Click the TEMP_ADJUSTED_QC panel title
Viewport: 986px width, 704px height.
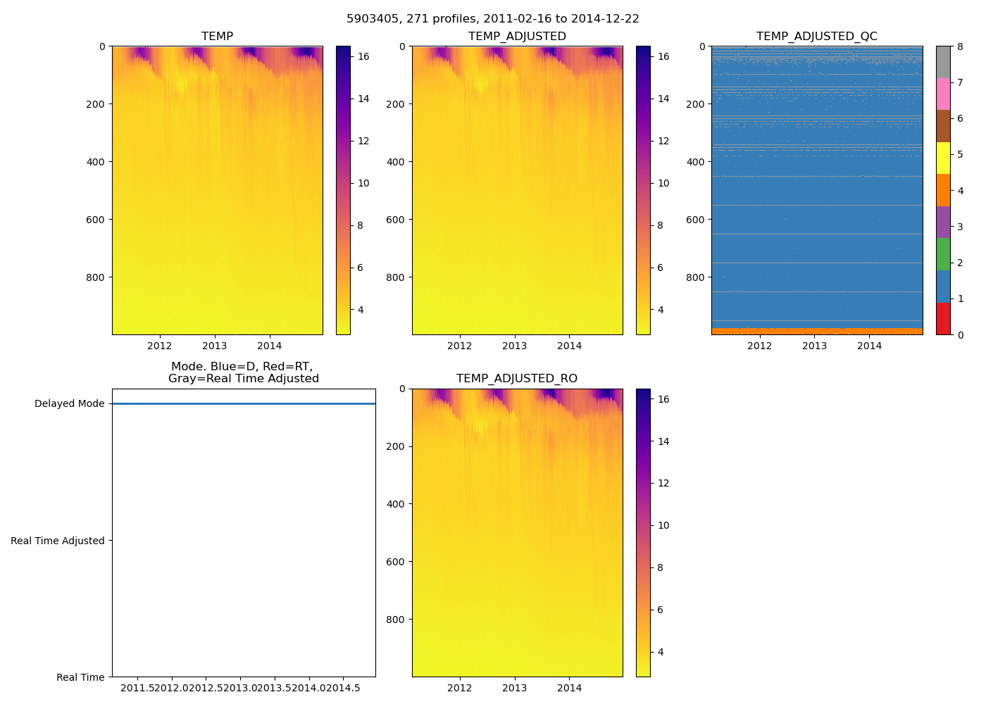click(816, 37)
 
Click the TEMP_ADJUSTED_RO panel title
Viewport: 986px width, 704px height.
click(516, 379)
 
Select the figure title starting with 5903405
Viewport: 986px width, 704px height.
click(492, 19)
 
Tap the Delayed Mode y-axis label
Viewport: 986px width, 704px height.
click(69, 404)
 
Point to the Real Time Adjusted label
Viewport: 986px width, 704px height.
click(57, 541)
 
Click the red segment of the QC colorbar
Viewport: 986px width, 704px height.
click(943, 319)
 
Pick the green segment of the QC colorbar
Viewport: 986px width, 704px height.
click(943, 254)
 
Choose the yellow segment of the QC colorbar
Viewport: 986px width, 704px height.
click(943, 158)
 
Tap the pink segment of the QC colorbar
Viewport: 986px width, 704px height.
click(943, 94)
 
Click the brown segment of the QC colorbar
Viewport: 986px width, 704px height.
click(943, 126)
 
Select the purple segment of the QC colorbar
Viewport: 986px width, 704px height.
click(943, 222)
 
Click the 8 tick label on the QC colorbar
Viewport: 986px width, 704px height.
click(961, 47)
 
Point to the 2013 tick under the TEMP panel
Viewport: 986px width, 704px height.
click(214, 346)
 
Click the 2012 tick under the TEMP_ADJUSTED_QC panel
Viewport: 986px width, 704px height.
click(759, 346)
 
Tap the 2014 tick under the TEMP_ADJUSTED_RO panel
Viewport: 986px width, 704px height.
click(569, 688)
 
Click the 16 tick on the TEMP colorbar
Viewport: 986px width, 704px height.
click(363, 56)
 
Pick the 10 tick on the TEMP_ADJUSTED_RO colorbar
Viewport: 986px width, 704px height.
click(663, 525)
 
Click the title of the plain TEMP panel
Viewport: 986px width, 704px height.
click(217, 37)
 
